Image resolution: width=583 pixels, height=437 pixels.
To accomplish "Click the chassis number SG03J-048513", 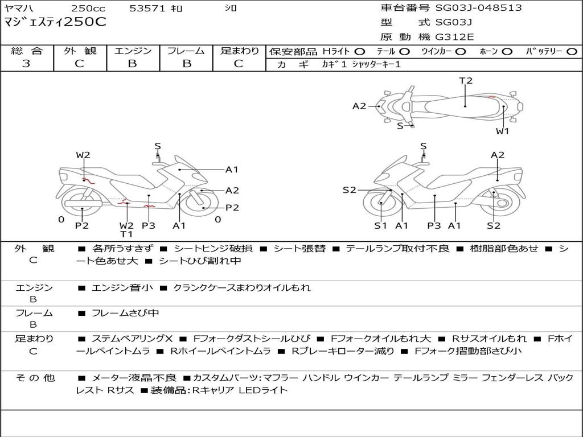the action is click(478, 8).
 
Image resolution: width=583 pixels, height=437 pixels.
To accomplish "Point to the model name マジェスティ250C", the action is click(55, 22).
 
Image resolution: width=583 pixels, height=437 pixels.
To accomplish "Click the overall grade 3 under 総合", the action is click(26, 63).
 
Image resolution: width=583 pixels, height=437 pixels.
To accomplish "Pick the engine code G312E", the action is click(454, 37).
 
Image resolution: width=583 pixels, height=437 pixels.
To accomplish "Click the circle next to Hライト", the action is click(360, 51).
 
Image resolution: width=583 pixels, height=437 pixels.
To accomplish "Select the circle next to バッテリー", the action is click(572, 51).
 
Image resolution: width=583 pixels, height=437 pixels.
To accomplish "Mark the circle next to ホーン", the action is click(507, 51).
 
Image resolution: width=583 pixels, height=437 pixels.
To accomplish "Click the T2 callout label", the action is click(466, 81).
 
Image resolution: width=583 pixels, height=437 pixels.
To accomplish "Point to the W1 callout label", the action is click(502, 131).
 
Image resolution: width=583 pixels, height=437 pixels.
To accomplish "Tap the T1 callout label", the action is click(126, 234).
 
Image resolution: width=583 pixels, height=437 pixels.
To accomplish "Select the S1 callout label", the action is click(380, 225).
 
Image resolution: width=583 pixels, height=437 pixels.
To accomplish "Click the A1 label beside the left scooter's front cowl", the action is click(232, 169).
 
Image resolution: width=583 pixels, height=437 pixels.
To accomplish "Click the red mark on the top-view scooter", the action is click(491, 97).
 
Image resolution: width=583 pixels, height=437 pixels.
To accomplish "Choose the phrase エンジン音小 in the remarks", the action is click(122, 288).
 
